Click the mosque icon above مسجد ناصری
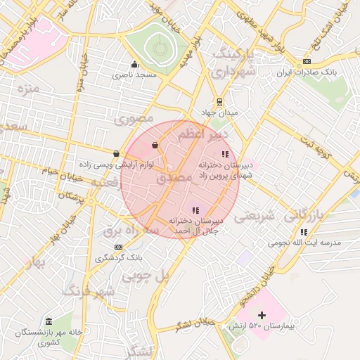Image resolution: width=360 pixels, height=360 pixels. coord(134,64)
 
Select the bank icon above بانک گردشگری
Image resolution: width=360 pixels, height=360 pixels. coord(118,247)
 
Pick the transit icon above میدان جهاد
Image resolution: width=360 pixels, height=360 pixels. coord(219,101)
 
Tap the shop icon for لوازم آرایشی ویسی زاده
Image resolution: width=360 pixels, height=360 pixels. coord(116,153)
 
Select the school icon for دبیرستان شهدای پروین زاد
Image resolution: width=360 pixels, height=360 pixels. coord(225,154)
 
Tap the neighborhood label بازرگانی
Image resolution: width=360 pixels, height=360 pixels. coord(306,217)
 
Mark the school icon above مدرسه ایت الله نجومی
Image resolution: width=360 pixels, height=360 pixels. coord(304,232)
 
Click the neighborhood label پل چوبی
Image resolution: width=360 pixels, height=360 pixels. coord(146,276)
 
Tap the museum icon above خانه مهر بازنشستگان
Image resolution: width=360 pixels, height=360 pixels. coord(49,321)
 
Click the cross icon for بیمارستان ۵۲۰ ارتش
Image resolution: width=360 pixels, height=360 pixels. coord(262,316)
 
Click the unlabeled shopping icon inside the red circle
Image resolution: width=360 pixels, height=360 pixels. coord(155,146)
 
